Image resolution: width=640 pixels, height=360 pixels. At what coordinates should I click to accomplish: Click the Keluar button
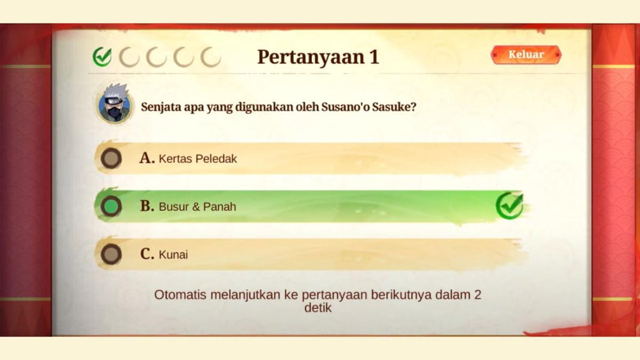(x=526, y=54)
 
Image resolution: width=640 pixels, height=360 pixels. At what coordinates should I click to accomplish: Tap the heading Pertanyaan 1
(x=318, y=57)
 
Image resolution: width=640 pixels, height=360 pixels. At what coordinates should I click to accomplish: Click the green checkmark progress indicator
(x=102, y=57)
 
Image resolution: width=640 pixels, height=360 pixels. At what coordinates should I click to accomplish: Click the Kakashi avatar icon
(x=114, y=103)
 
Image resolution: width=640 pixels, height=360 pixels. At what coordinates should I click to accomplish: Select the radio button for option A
(x=111, y=158)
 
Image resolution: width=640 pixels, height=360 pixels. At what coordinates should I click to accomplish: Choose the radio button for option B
(x=111, y=206)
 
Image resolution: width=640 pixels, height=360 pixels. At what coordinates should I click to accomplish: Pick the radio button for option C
(x=111, y=254)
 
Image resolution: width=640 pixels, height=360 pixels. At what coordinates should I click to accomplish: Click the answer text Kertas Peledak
(x=198, y=159)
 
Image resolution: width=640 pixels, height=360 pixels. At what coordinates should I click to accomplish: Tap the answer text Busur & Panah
(x=197, y=207)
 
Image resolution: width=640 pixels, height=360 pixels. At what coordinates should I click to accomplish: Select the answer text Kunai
(x=173, y=255)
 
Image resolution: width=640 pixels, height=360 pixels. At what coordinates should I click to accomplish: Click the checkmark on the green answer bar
(x=509, y=206)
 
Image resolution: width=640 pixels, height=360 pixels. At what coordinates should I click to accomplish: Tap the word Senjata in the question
(x=159, y=106)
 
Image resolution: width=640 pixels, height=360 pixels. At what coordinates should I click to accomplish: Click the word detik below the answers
(x=318, y=308)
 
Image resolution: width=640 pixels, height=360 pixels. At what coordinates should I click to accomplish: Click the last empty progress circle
(x=211, y=57)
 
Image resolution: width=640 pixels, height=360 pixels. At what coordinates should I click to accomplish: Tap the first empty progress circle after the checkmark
(x=129, y=57)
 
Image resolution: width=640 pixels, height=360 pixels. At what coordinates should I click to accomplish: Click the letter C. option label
(x=147, y=254)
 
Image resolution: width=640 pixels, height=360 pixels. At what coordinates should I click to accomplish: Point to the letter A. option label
(x=147, y=158)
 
